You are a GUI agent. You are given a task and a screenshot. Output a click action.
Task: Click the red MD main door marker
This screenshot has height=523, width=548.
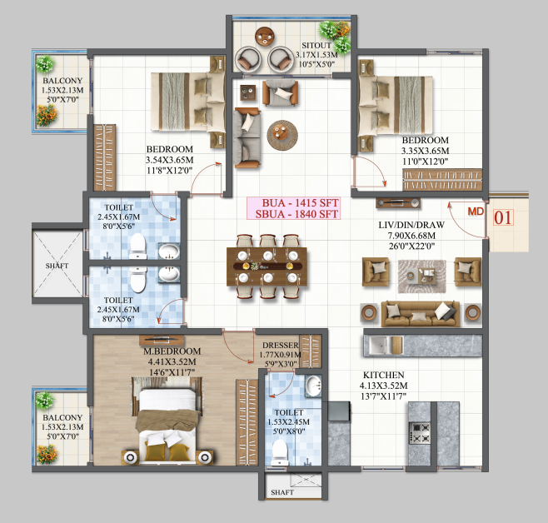coord(475,212)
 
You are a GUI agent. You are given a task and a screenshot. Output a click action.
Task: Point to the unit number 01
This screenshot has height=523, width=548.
coord(503,220)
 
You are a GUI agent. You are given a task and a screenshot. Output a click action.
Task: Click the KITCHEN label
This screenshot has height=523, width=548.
coord(383,376)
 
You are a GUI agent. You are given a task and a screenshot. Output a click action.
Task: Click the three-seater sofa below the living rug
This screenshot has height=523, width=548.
coord(420,312)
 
